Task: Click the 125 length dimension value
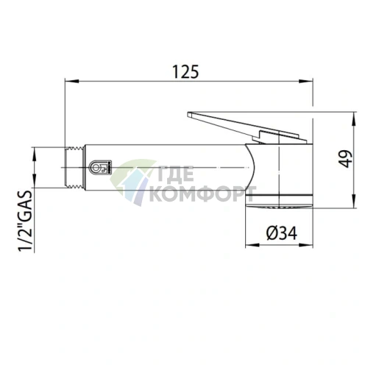pos(185,72)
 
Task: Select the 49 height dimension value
pos(347,159)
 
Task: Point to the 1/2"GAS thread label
pos(26,221)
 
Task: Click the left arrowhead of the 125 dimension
pos(72,81)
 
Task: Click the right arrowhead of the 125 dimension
pos(306,81)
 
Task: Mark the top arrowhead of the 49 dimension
pos(353,119)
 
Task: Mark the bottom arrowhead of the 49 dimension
pos(353,201)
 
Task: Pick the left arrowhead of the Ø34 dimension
pos(252,245)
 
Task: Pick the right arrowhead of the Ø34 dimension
pos(306,245)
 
